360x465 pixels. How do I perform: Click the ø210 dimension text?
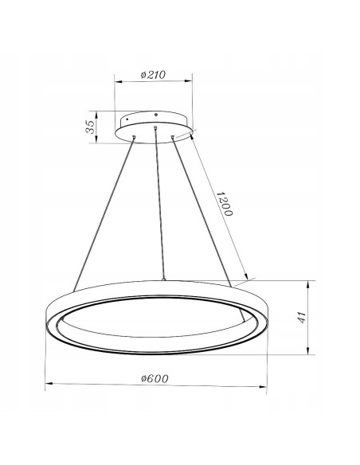click(152, 75)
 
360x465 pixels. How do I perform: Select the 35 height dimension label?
click(91, 127)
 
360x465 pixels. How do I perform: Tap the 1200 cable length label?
click(225, 206)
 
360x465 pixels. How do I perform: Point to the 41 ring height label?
click(301, 318)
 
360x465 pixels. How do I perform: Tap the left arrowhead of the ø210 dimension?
click(118, 81)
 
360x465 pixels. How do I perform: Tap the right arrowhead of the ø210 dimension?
click(190, 81)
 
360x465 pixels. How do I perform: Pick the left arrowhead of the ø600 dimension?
click(48, 385)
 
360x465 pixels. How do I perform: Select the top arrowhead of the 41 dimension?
click(309, 283)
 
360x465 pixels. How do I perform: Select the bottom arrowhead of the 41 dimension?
click(309, 351)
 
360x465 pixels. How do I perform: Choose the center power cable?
click(159, 207)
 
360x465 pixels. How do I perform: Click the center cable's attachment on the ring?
click(163, 279)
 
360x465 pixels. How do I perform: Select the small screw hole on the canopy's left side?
click(127, 119)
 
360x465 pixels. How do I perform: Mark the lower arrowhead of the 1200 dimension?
click(248, 279)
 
